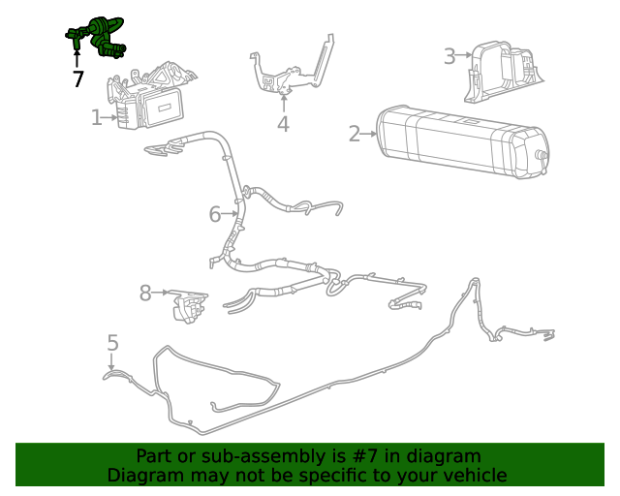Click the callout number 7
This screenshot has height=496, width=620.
point(77,79)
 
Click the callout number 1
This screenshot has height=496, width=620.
point(97,118)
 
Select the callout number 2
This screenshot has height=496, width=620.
point(355,134)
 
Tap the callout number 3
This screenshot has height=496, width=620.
point(449,56)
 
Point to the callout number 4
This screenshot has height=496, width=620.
point(283,124)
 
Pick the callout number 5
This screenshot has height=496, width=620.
point(113,343)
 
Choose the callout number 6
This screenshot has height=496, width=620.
point(215,214)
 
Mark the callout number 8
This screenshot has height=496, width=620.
point(145,293)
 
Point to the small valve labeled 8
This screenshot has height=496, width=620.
point(190,307)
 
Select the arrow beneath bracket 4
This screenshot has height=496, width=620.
point(283,101)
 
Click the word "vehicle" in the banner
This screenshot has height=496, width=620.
point(472,476)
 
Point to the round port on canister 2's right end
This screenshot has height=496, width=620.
point(541,156)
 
